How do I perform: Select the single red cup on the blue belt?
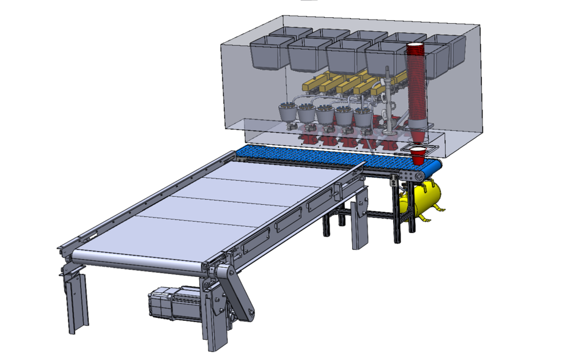[x=418, y=155]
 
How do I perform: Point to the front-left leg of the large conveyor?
[x=76, y=299]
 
